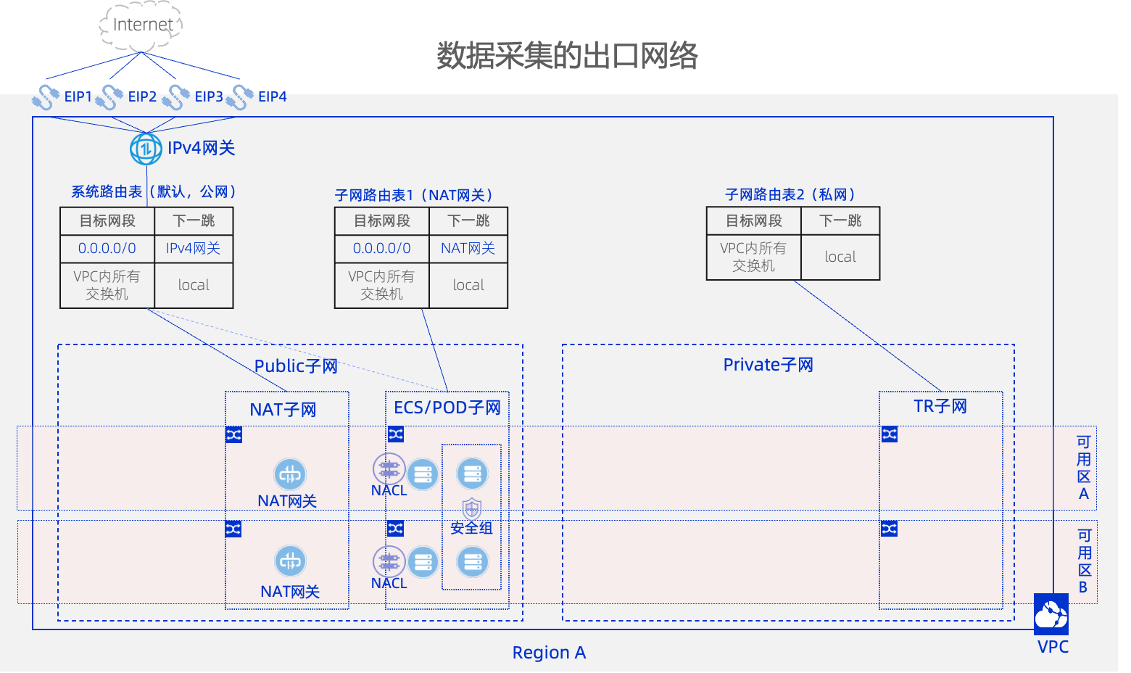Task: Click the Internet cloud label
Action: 142,25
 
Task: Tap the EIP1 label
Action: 78,96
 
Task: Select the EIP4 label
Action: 273,96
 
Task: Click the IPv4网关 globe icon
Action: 146,149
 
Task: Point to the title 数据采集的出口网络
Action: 567,56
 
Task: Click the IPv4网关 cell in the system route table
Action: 194,248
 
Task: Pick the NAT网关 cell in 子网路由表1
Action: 468,248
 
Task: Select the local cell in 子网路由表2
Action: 840,257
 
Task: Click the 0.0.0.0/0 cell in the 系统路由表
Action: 107,248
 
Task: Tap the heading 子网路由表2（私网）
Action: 790,194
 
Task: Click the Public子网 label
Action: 296,366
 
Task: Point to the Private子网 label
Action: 768,365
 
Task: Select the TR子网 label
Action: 940,406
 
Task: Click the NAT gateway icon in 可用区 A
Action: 290,475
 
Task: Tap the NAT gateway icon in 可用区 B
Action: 290,561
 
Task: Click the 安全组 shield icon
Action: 472,508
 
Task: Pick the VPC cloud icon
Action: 1051,614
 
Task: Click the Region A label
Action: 549,653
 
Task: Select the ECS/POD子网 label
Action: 447,408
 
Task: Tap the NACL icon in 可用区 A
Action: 389,469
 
